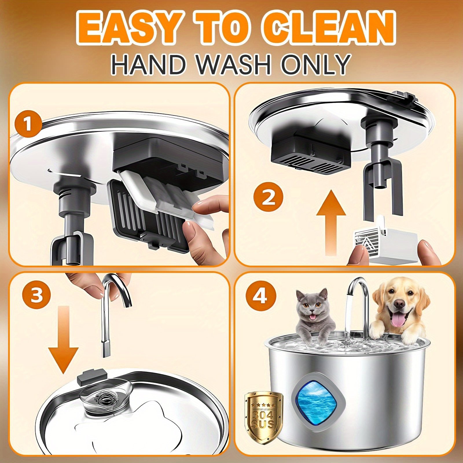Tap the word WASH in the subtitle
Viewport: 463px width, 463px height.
pos(232,64)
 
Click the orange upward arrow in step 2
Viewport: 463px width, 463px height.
pos(331,222)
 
